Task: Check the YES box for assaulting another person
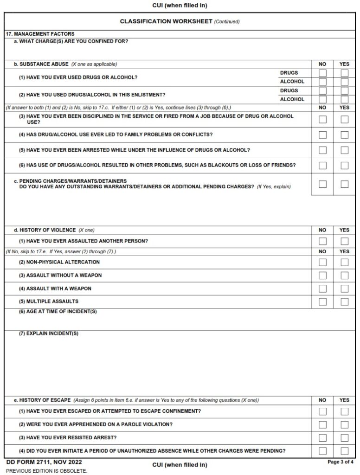point(344,241)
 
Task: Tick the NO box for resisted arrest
point(322,438)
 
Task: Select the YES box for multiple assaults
point(344,302)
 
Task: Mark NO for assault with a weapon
point(322,289)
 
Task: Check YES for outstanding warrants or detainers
point(344,184)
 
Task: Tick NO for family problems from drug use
point(322,135)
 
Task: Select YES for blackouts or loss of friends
point(344,166)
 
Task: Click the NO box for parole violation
point(322,424)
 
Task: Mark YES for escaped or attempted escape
point(344,411)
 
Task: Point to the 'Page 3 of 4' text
point(341,462)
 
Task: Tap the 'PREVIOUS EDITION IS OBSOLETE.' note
point(46,470)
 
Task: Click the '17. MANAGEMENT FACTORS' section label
point(40,34)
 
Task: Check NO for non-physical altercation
point(322,262)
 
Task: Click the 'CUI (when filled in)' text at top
point(180,6)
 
